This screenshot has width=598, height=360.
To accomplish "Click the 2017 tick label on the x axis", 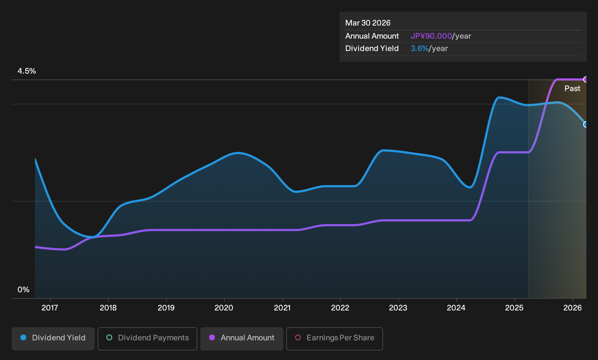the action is [50, 308].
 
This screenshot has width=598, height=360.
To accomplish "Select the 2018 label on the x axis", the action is [108, 308].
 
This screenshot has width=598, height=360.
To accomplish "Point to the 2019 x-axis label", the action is [166, 308].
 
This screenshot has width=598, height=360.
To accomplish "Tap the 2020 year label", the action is [224, 308].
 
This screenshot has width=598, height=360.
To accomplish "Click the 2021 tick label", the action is [282, 308].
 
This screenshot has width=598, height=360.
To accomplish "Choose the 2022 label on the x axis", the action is [340, 308].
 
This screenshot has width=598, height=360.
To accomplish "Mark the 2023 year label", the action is [398, 308].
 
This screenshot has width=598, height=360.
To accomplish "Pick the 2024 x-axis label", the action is [456, 308].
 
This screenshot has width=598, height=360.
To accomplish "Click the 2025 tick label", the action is [515, 308].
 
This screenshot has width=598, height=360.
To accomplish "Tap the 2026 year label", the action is [573, 308].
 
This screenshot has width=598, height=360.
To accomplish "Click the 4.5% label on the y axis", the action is [27, 71].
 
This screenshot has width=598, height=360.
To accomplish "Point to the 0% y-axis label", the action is [24, 290].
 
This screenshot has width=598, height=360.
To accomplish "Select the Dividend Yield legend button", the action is [53, 339].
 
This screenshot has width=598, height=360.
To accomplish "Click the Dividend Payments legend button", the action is [147, 339].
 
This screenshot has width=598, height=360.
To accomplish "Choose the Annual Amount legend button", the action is [241, 339].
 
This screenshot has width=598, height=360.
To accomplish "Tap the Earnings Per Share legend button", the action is [334, 339].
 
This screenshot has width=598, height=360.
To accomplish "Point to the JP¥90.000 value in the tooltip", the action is [431, 36].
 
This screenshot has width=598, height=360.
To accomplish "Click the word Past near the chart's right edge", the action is [572, 89].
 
